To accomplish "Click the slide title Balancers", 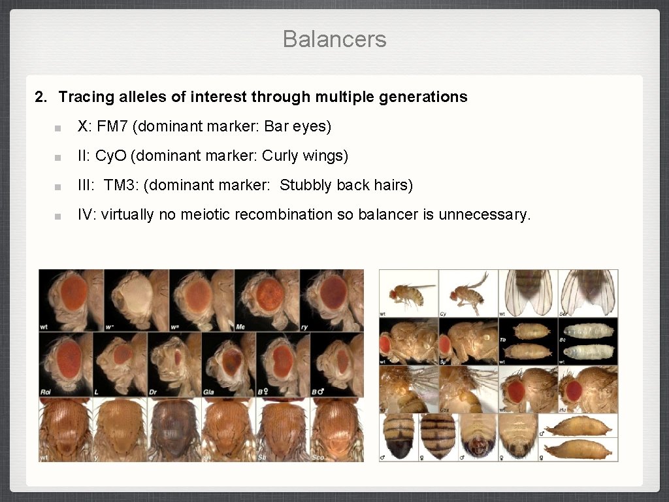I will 334,39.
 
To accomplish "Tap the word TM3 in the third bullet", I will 118,185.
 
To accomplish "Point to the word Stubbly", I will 306,185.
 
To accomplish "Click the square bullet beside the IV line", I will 58,216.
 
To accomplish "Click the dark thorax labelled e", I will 174,428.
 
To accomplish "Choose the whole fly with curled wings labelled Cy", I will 469,291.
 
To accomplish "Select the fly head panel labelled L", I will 120,363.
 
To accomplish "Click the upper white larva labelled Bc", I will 589,330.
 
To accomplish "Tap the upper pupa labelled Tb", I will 530,330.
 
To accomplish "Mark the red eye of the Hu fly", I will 574,390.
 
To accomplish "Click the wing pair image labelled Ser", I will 587,293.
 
